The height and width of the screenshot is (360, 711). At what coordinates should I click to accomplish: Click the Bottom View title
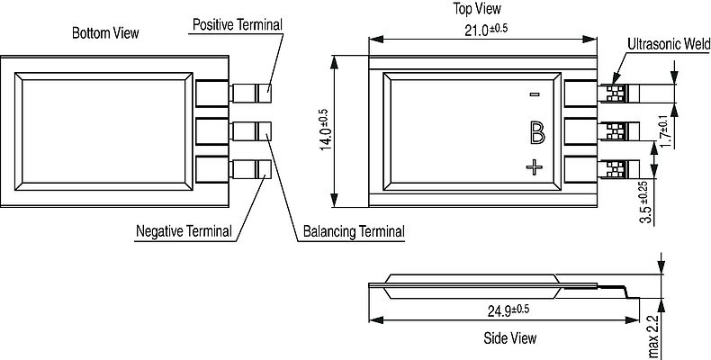tap(105, 33)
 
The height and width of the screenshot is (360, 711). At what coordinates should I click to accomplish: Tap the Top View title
tap(477, 9)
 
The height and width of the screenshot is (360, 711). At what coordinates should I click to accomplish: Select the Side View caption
tap(509, 337)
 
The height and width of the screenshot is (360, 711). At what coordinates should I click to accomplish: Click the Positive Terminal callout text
tap(238, 24)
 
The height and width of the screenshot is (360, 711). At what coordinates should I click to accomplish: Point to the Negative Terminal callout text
tap(184, 231)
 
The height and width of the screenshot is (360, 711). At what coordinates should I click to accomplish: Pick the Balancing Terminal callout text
tap(354, 231)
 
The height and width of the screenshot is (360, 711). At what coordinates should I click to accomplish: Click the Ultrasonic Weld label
tap(669, 44)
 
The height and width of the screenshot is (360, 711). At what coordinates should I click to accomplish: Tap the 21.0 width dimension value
tap(485, 30)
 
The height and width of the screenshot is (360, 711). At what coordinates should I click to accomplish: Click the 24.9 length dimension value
tap(508, 310)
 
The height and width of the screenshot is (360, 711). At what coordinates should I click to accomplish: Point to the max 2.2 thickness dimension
tap(654, 337)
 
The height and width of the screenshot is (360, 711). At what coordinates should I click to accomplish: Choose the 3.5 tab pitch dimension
tap(646, 202)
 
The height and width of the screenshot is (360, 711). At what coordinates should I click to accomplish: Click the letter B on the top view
tap(537, 133)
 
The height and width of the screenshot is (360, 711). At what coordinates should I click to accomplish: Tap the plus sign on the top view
tap(535, 167)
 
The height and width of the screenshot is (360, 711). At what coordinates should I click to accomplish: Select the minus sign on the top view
tap(535, 94)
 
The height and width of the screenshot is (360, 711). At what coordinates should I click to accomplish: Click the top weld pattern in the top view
tap(616, 94)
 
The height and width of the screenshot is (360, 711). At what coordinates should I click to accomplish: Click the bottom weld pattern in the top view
tap(616, 168)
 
